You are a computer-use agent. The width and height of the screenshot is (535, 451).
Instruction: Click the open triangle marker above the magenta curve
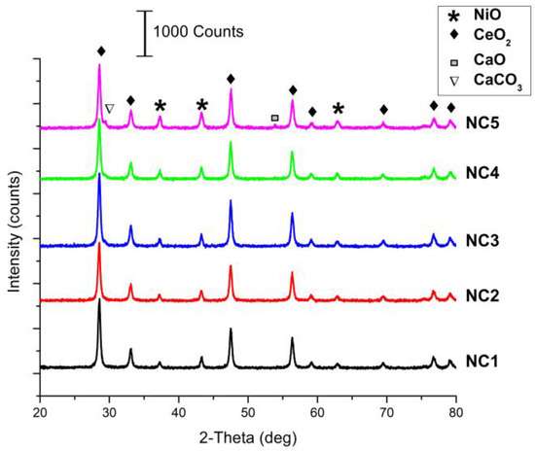coord(109,109)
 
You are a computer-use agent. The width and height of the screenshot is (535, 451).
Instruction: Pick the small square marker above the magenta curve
coord(274,118)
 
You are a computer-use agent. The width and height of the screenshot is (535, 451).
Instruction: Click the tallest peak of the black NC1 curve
coord(99,300)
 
